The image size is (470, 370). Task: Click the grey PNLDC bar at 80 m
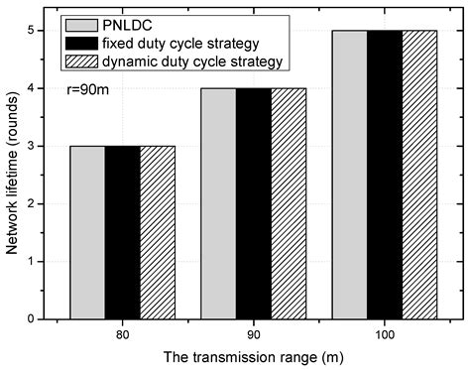click(x=86, y=232)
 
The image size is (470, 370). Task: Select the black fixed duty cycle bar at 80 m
click(x=122, y=232)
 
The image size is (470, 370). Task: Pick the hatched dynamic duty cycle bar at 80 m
click(x=158, y=232)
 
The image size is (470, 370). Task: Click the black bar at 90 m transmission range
click(x=253, y=203)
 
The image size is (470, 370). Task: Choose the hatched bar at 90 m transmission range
click(x=289, y=203)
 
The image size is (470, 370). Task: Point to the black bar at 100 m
click(x=384, y=175)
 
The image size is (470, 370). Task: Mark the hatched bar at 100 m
click(x=419, y=175)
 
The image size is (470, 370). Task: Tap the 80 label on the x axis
click(x=122, y=333)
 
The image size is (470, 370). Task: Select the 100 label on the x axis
click(x=384, y=333)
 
